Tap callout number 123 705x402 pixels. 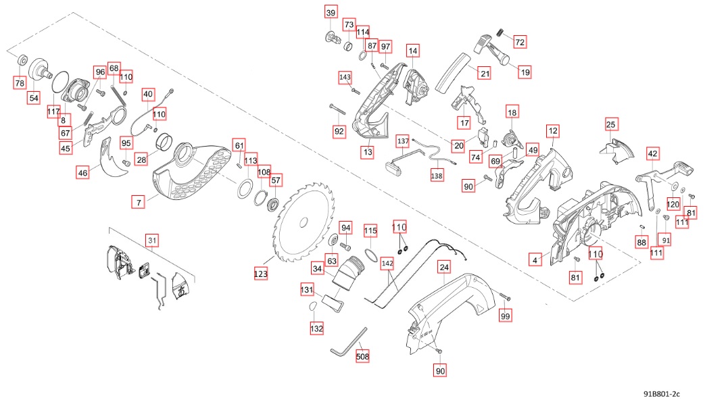(261, 274)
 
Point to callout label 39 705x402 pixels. (331, 13)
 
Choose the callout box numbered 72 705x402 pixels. (520, 42)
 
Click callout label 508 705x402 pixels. (363, 355)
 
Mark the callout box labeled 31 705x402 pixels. (152, 240)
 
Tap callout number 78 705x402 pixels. (20, 82)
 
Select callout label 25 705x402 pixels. (611, 124)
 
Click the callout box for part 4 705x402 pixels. (535, 259)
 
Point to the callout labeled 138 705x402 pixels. (437, 175)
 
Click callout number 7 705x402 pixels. (138, 202)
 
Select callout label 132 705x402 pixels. (316, 328)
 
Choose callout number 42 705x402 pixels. (652, 154)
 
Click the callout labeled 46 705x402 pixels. (82, 173)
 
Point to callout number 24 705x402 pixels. (444, 268)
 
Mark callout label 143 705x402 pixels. (345, 78)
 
